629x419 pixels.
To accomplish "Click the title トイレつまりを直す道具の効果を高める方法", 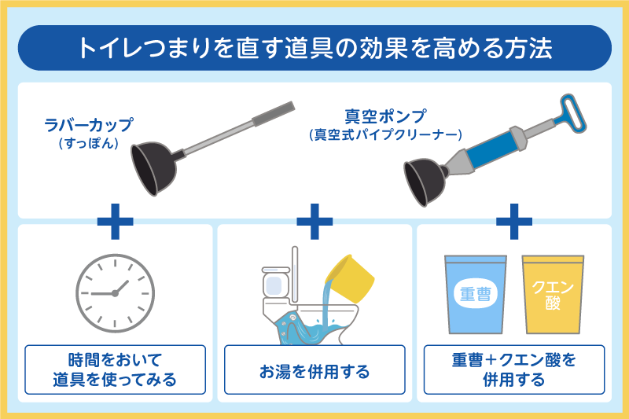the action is pos(315,48).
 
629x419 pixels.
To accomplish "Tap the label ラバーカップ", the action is pos(88,125).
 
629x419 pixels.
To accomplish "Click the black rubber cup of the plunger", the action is pos(153,169).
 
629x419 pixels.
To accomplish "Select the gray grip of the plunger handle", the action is pos(274,113).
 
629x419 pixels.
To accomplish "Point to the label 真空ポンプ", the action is pos(385,116).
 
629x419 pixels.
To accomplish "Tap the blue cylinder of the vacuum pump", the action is pos(492,149).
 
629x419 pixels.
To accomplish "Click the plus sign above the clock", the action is pos(115,222).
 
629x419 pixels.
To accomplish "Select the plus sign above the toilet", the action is pos(314,222).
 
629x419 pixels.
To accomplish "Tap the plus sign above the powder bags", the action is pos(514,222).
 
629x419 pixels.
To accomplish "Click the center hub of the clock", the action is pos(115,293).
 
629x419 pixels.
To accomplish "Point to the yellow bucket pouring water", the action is pos(350,278).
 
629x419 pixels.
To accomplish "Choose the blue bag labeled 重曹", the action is pos(476,295).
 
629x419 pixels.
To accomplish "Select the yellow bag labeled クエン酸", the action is pos(553,295).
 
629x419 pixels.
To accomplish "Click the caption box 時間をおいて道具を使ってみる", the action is pos(115,369).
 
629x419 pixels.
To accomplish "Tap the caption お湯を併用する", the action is pos(314,372).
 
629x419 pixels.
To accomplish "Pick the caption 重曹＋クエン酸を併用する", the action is pos(514,369).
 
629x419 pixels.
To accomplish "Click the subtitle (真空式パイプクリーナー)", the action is pos(385,134).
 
